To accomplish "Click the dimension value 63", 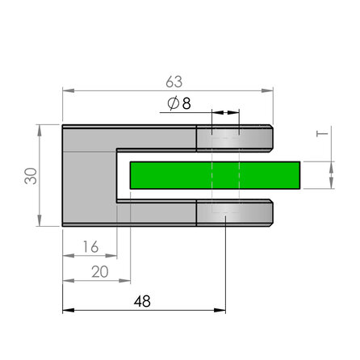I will click(174, 82).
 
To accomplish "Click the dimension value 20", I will click(99, 272).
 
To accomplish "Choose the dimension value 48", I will click(141, 301).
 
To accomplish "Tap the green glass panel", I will click(214, 175).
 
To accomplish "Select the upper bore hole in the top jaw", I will click(225, 138).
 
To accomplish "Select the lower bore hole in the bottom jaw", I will click(225, 213).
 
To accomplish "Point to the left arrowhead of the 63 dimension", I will click(67, 91).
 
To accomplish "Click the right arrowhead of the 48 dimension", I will click(220, 310).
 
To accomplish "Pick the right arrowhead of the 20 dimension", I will click(127, 281).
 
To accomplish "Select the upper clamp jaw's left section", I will click(157, 138).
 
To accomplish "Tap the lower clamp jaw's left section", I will click(157, 213).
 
